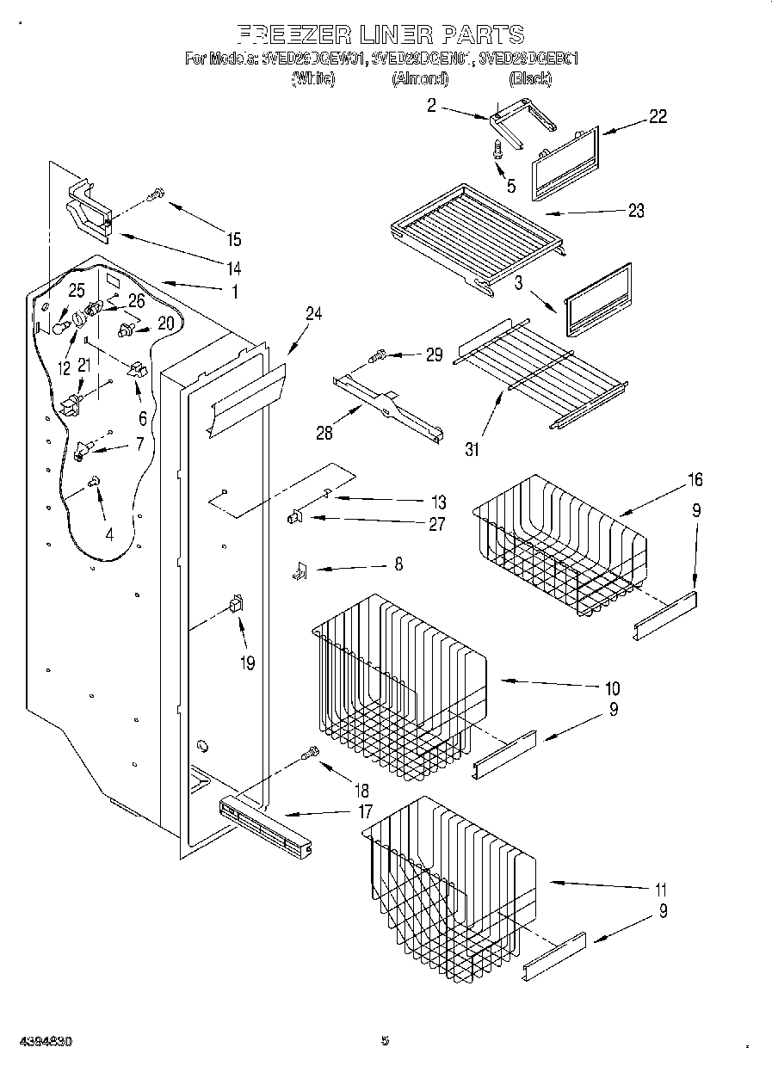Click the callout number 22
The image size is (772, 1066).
click(658, 117)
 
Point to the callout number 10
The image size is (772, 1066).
click(612, 688)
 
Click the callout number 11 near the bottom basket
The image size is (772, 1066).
click(660, 890)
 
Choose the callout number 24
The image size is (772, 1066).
click(313, 315)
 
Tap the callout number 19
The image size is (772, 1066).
click(248, 663)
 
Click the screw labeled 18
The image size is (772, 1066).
click(310, 755)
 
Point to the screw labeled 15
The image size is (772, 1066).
click(156, 195)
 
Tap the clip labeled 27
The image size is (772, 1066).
click(294, 516)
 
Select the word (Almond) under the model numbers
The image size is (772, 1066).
click(420, 78)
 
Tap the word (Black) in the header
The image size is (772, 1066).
click(529, 78)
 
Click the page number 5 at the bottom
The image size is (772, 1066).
click(385, 1040)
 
